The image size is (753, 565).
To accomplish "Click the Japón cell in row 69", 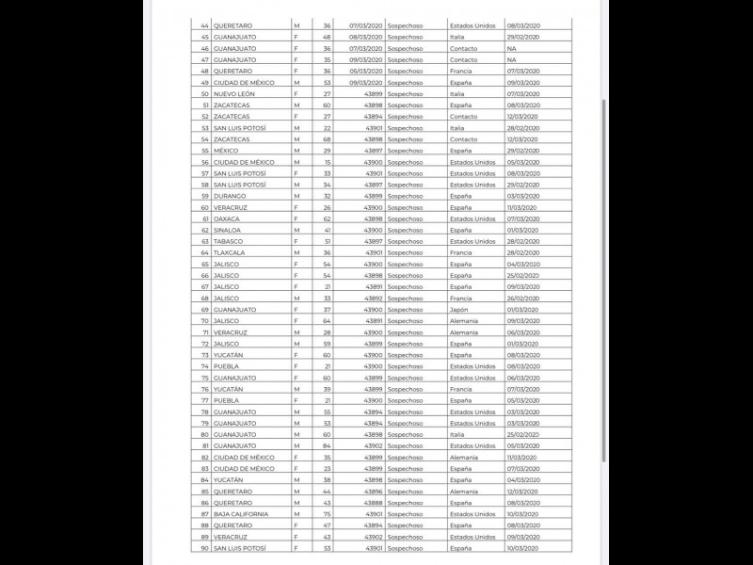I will [x=458, y=309].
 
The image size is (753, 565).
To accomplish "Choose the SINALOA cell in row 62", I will [x=228, y=230].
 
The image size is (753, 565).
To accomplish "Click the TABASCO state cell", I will [x=229, y=241].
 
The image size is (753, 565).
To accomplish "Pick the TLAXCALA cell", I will [x=230, y=252].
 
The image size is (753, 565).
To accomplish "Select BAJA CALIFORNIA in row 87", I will [x=241, y=513].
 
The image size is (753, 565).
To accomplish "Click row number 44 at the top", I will [x=205, y=25].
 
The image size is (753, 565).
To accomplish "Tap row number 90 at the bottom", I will [x=205, y=547].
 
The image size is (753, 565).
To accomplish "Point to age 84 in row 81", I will [x=327, y=445].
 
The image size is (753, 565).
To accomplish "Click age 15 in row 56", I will [x=327, y=162].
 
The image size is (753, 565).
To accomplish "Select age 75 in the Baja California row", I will [x=327, y=513].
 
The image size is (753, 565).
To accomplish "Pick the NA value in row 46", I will [x=511, y=48].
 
